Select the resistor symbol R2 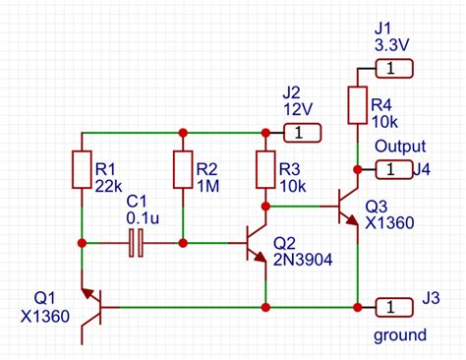tap(182, 169)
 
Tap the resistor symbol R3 tap(264, 168)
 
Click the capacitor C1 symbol tap(137, 242)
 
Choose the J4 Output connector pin tap(391, 170)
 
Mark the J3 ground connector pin tap(392, 307)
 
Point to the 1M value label tap(208, 183)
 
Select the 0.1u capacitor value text tap(145, 216)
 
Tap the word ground tap(399, 335)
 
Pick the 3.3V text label tap(393, 45)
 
